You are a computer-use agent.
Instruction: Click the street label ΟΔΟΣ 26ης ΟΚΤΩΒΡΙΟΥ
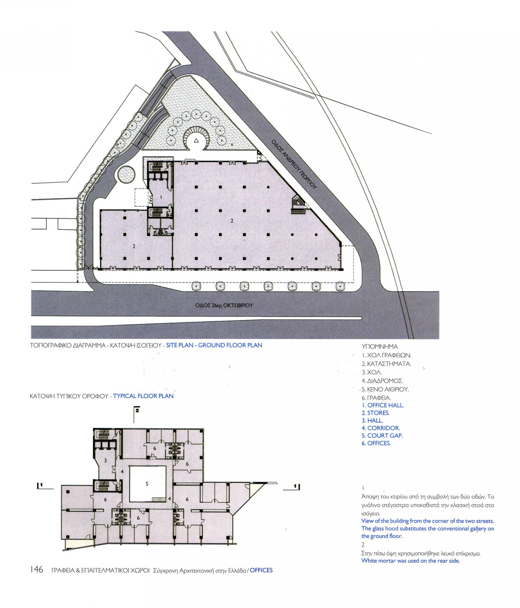pos(224,305)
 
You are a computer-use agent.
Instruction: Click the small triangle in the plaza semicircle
pos(196,140)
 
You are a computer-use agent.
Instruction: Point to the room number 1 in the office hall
pos(161,197)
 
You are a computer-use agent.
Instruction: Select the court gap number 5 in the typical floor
pos(147,484)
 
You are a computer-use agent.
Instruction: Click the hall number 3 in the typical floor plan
pos(105,461)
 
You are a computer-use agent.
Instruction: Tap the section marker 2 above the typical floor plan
pos(137,410)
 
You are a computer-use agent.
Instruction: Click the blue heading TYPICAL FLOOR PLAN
pos(143,396)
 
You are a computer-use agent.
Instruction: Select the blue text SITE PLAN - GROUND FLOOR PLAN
pos(214,345)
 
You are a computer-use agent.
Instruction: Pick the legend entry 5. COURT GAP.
pos(382,436)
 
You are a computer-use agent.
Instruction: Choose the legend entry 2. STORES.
pos(375,413)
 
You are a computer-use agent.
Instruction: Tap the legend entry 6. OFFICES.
pos(376,443)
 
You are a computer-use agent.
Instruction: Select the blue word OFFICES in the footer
pos(261,570)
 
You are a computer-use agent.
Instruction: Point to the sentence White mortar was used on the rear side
pos(410,561)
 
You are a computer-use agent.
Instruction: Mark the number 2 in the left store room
pos(134,247)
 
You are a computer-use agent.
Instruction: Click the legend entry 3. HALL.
pos(372,420)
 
